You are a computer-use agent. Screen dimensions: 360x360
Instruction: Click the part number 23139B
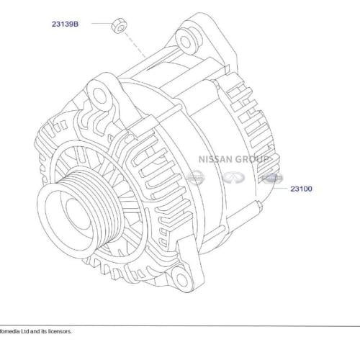click(65, 24)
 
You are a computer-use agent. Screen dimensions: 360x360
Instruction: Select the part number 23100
click(302, 189)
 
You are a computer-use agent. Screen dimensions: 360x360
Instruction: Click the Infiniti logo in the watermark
click(232, 176)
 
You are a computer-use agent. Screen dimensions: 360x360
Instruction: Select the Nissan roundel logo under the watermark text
click(194, 176)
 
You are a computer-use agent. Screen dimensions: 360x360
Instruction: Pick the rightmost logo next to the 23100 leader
click(270, 176)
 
